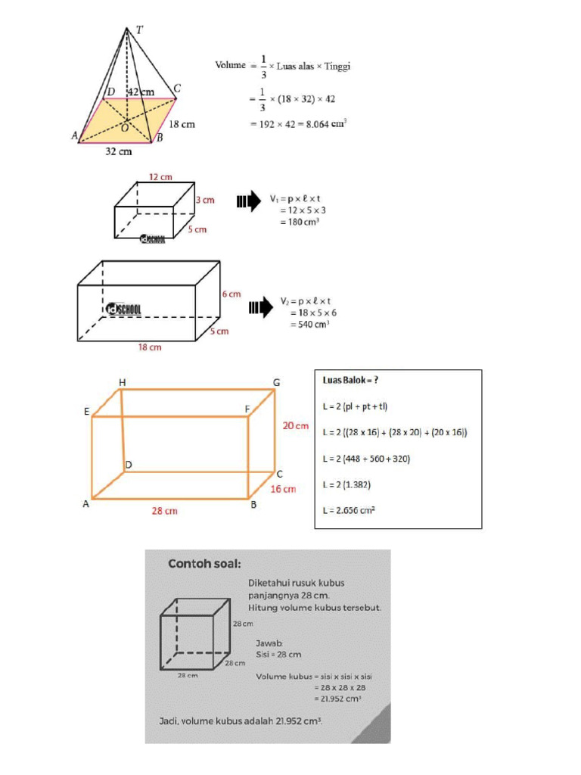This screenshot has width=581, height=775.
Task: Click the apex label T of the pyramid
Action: [139, 30]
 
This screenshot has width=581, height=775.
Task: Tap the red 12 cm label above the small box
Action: [160, 177]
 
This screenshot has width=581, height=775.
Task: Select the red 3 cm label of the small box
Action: [205, 201]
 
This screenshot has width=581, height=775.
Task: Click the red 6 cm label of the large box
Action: [231, 294]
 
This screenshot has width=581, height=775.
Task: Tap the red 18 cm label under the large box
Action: [149, 347]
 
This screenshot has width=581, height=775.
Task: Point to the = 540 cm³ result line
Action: [309, 325]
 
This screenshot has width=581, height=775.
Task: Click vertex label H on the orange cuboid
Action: [123, 381]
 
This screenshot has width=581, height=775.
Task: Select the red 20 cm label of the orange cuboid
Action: [296, 426]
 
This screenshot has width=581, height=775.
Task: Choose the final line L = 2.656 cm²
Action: [350, 510]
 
